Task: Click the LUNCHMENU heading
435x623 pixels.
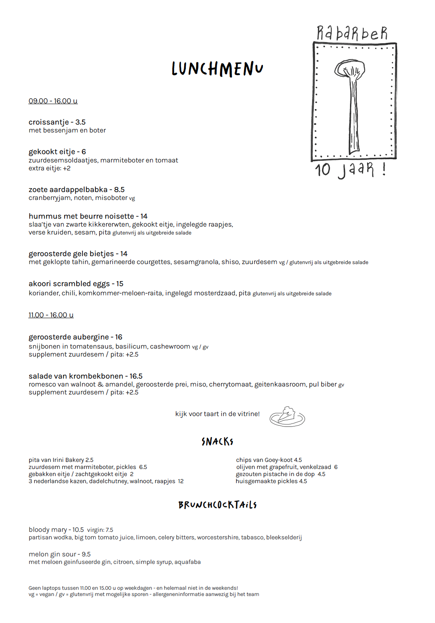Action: pyautogui.click(x=217, y=69)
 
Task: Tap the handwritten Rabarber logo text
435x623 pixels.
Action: pyautogui.click(x=352, y=33)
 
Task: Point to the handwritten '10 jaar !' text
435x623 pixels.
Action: pyautogui.click(x=350, y=169)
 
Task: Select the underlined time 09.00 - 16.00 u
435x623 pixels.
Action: pyautogui.click(x=53, y=101)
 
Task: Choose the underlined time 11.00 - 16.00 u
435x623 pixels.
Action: pyautogui.click(x=51, y=315)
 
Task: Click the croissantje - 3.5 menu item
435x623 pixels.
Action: pyautogui.click(x=57, y=122)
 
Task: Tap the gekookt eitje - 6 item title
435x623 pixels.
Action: pyautogui.click(x=57, y=152)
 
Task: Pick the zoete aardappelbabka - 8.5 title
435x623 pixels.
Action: pyautogui.click(x=76, y=189)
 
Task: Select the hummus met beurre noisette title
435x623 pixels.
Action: pyautogui.click(x=88, y=216)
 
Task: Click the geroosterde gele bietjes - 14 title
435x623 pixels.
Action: pyautogui.click(x=78, y=254)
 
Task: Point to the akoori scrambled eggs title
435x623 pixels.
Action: pyautogui.click(x=76, y=284)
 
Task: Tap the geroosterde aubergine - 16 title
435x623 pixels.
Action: pyautogui.click(x=75, y=337)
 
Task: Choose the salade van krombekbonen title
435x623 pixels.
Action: pyautogui.click(x=85, y=376)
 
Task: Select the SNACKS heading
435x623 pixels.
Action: pyautogui.click(x=217, y=441)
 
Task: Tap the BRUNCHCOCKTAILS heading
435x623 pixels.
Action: pyautogui.click(x=217, y=505)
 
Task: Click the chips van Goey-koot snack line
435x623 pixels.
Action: pyautogui.click(x=269, y=460)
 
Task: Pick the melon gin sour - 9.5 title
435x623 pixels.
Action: pyautogui.click(x=60, y=554)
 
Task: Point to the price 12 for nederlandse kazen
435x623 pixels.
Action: pyautogui.click(x=181, y=481)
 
